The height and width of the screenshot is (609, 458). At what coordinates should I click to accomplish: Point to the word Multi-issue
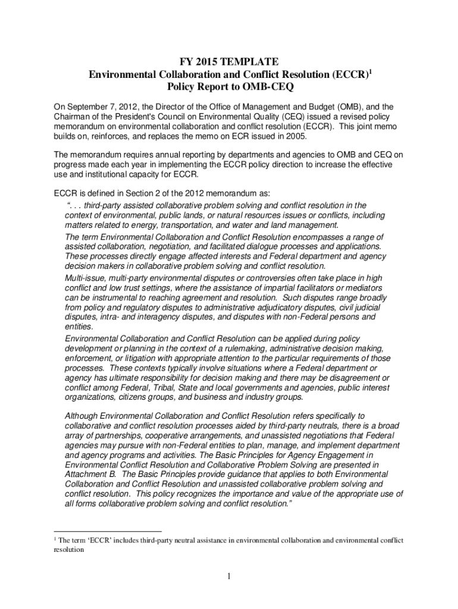tap(85, 278)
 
